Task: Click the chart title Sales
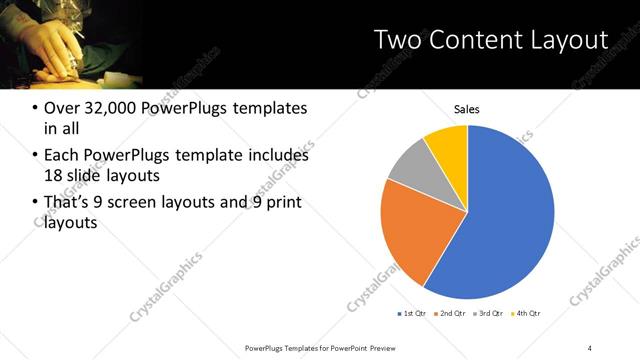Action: click(467, 108)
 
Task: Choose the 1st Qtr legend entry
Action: click(413, 314)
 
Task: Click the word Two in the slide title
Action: click(396, 40)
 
